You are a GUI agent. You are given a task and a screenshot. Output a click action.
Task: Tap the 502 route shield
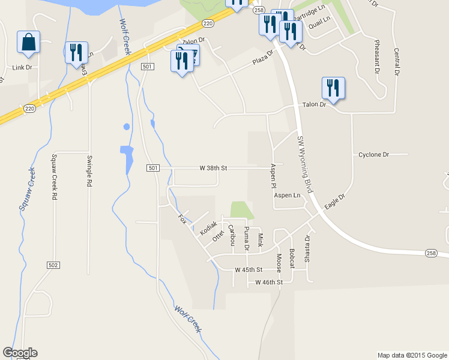[x=53, y=265]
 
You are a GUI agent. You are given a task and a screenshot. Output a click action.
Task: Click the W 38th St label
[x=213, y=169]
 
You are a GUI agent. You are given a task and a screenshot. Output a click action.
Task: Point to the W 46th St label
[x=268, y=282]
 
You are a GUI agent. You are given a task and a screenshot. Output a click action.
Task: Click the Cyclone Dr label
[x=373, y=155]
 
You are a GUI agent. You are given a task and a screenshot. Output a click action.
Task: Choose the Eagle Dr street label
[x=335, y=201]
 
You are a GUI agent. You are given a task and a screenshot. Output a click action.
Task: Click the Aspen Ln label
[x=287, y=196]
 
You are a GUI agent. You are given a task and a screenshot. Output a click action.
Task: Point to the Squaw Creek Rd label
[x=53, y=176]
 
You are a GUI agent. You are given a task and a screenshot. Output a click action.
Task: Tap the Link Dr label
[x=22, y=68]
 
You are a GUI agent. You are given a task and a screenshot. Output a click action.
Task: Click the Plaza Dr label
[x=262, y=61]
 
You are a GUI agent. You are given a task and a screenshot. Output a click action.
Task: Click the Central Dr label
[x=396, y=62]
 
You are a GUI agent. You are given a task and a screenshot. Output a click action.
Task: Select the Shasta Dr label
[x=307, y=245]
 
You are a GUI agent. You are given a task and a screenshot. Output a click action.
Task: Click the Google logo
[x=20, y=353]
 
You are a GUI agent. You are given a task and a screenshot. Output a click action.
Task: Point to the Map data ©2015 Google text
[x=412, y=355]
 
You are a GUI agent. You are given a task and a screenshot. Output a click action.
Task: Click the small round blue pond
[x=126, y=127]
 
